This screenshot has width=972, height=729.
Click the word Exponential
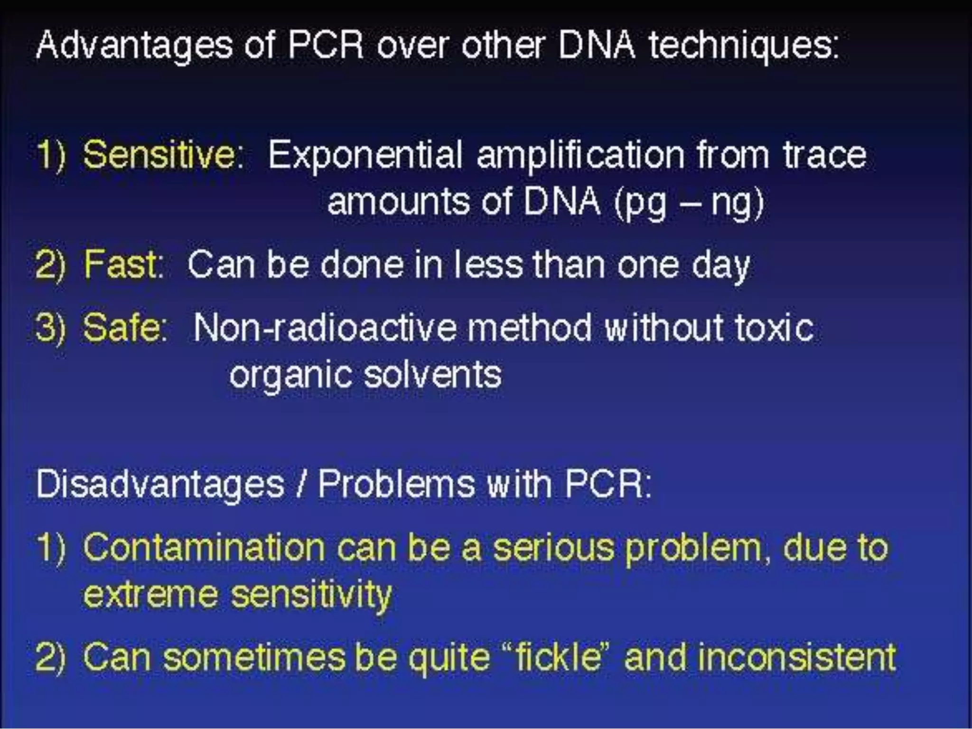click(x=364, y=156)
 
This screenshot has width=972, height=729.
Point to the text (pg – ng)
click(x=689, y=202)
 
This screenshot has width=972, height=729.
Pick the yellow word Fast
click(x=121, y=264)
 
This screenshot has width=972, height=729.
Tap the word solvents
click(x=432, y=375)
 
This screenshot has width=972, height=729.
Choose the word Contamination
click(x=204, y=548)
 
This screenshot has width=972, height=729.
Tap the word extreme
click(x=150, y=594)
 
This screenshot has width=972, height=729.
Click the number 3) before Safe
click(x=50, y=327)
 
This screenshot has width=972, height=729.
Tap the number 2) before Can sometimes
click(x=50, y=657)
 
